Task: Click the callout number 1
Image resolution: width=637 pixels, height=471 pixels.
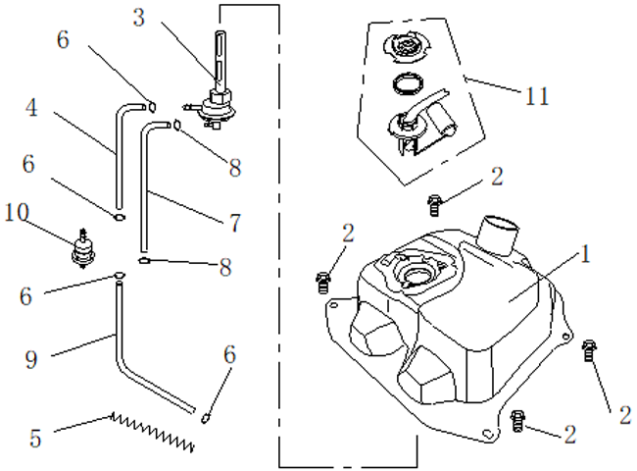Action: [x=586, y=255]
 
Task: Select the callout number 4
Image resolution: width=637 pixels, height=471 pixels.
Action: [x=32, y=107]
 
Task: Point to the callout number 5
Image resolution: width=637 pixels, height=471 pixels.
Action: [x=35, y=438]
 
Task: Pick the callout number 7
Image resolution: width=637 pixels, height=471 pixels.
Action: [x=236, y=223]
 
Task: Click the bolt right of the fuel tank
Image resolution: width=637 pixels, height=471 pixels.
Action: [x=589, y=349]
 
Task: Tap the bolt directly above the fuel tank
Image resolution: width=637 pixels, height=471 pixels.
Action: [x=435, y=204]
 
